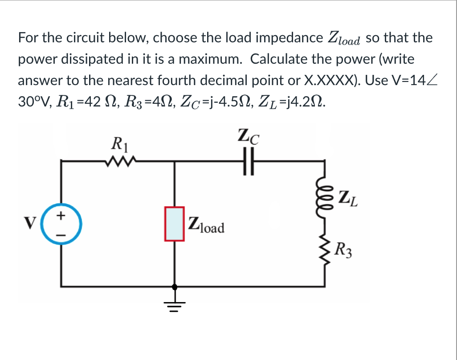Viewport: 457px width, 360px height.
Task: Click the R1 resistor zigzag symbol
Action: (118, 161)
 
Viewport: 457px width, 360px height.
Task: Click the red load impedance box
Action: (175, 224)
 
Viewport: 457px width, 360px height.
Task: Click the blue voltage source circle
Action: (61, 224)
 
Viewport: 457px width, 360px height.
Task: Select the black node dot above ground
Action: (175, 286)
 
